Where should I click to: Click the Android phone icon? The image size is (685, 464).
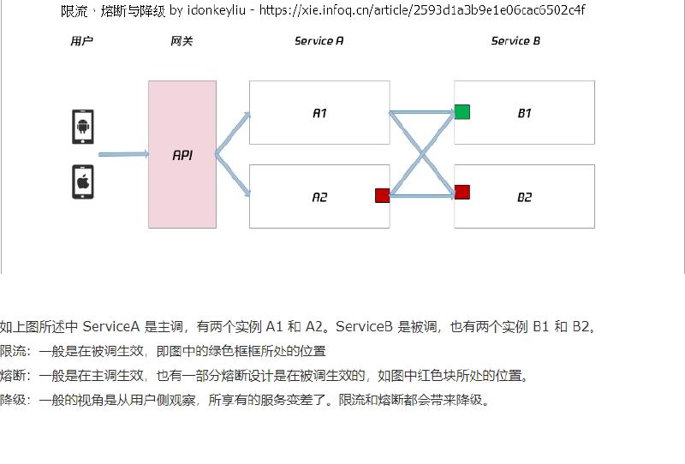82,127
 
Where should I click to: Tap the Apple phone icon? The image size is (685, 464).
82,181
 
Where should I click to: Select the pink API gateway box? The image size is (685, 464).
182,155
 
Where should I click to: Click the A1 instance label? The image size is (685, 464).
319,113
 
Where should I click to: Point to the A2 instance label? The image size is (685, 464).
319,197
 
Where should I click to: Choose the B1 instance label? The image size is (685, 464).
524,113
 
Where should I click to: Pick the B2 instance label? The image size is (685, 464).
524,197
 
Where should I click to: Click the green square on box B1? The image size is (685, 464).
462,112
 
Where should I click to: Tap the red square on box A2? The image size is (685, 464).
382,195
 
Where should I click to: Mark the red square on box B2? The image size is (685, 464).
462,192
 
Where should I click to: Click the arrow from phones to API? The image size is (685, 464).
123,155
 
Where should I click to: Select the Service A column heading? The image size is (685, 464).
319,41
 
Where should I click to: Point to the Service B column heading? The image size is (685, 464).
515,41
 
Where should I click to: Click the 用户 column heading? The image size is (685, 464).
81,41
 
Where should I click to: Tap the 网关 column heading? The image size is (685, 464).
182,41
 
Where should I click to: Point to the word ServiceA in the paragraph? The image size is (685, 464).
111,326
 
